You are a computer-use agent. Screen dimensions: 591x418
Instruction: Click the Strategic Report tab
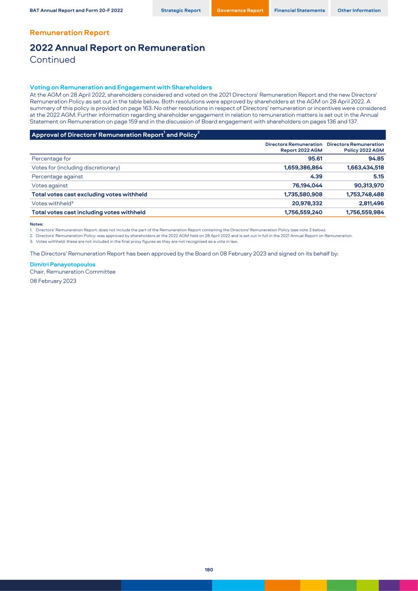pos(180,10)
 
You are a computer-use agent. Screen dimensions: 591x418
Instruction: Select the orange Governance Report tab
pos(240,10)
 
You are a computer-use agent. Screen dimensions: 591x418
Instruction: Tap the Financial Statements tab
pos(299,10)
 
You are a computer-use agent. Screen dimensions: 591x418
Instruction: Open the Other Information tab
pos(359,10)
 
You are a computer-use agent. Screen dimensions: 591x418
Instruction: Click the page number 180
pos(209,570)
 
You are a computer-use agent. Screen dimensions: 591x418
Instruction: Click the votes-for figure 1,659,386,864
pos(303,168)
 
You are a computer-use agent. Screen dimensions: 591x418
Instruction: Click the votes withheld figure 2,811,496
pos(368,203)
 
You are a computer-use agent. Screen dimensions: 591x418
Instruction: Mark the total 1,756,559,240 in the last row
pos(303,213)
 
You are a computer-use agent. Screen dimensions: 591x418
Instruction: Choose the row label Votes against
pos(49,186)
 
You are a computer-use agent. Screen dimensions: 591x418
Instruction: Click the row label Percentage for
pos(51,159)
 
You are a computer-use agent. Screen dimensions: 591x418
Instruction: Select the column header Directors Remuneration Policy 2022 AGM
pos(355,147)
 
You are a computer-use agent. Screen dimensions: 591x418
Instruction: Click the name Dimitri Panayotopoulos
pos(62,265)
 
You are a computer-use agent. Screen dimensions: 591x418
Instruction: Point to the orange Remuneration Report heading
pos(69,33)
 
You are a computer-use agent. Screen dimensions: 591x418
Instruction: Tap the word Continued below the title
pos(52,60)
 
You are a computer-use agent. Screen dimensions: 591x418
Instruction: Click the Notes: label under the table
pos(36,224)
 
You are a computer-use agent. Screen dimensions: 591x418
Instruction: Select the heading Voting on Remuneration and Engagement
pos(121,87)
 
